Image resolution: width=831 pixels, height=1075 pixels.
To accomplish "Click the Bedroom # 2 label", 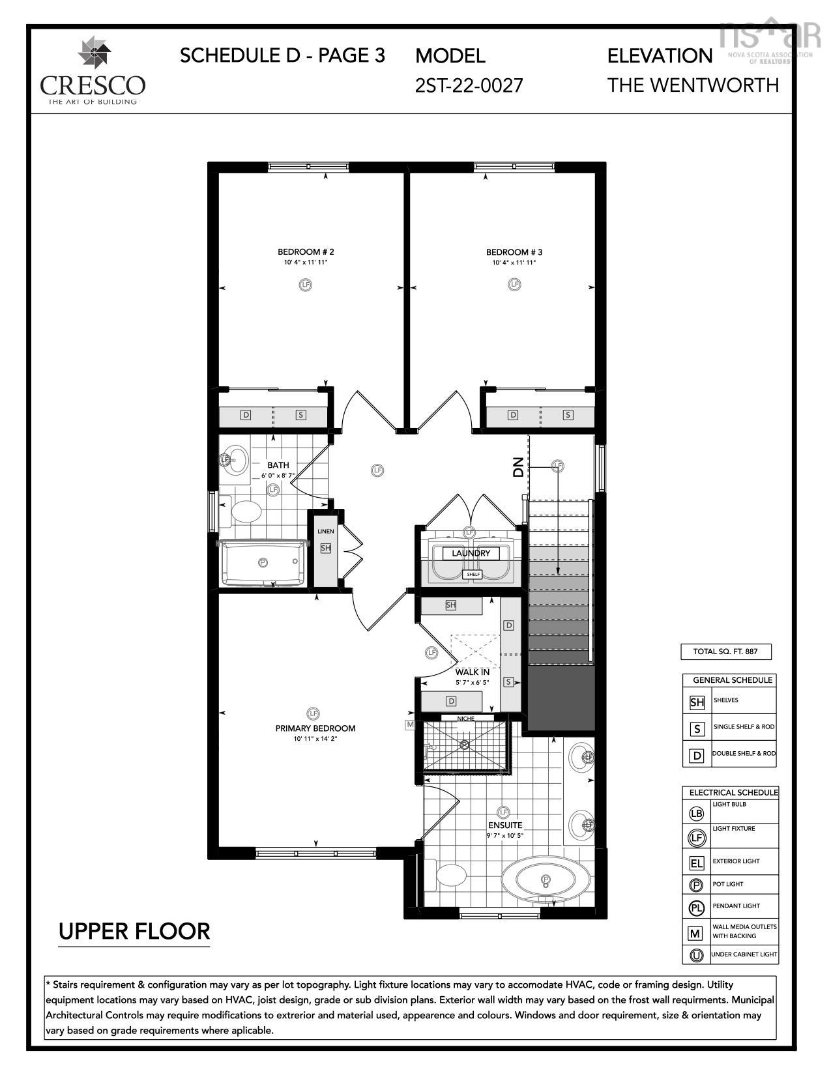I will pos(306,251).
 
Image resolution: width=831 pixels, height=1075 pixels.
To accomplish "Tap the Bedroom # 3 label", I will pos(514,252).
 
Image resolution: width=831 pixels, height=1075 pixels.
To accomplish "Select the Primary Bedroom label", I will pos(315,728).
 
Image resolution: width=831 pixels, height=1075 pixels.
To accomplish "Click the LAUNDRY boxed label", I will pos(471,553).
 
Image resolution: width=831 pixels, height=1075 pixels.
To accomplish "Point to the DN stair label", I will pos(518,467).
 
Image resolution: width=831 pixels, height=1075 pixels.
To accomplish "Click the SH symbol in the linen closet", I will pos(325,548).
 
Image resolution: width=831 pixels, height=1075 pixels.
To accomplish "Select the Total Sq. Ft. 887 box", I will pos(726,651).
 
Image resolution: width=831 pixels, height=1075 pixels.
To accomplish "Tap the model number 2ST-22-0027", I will pos(469,85).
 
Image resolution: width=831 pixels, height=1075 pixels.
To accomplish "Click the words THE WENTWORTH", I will pos(693,85).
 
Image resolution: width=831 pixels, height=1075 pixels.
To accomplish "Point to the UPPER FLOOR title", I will pos(134,931).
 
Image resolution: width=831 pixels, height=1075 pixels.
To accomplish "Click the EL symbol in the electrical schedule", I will pos(696,863).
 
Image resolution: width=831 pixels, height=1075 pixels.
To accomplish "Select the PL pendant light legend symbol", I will pos(696,908).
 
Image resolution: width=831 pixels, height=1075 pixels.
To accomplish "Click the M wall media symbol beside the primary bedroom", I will pos(410,724).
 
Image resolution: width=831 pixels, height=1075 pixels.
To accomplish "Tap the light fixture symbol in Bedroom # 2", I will pos(305,285).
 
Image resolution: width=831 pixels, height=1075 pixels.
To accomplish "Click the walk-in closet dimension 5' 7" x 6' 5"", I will pos(472,683).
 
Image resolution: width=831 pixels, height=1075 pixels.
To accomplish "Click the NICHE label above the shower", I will pos(465,718).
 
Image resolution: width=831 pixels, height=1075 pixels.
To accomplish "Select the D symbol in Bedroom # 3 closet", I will pos(513,415).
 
